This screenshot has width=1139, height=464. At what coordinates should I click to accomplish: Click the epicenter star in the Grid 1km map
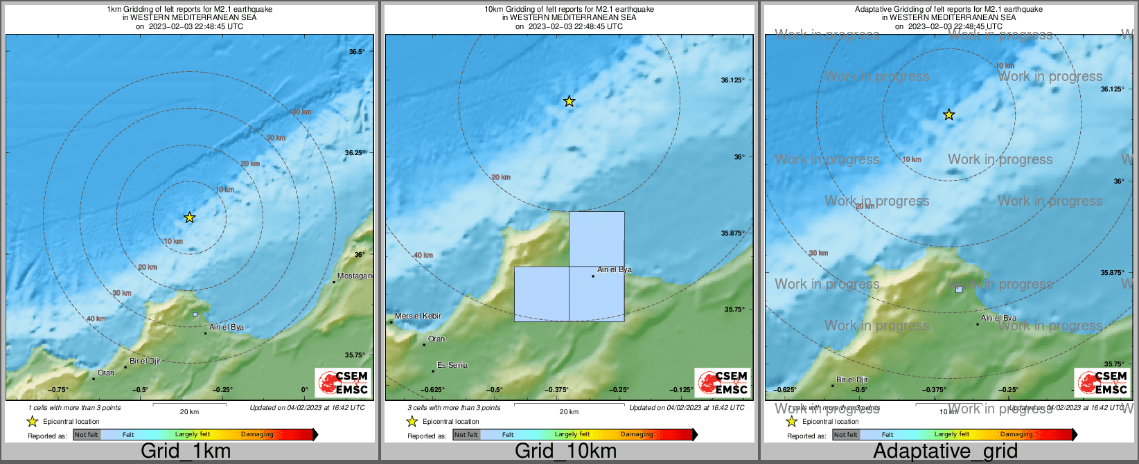click(189, 217)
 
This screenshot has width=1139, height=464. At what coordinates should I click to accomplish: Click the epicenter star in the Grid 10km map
click(569, 101)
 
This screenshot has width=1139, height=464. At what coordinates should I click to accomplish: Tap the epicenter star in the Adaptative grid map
click(948, 115)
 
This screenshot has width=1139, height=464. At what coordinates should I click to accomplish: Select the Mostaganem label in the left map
click(355, 276)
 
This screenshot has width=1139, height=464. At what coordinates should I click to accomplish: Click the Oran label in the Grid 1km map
click(106, 373)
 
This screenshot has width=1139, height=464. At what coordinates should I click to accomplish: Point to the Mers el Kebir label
click(418, 316)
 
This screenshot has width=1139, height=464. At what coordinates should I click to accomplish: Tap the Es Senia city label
click(452, 365)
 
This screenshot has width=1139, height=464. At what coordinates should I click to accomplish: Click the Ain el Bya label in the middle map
click(615, 270)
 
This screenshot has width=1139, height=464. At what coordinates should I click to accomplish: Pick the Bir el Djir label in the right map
click(852, 380)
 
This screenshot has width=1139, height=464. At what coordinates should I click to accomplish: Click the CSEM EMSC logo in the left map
click(342, 383)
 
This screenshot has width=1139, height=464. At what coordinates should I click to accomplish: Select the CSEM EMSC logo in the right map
click(1102, 383)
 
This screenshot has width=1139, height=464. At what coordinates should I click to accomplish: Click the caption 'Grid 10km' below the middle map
click(565, 452)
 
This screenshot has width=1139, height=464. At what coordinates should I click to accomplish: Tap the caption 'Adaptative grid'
click(945, 452)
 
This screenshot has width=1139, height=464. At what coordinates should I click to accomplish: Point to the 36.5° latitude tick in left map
click(357, 52)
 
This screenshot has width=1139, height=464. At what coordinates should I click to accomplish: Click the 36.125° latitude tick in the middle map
click(732, 80)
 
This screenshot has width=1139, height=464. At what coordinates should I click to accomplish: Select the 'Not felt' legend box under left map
click(87, 435)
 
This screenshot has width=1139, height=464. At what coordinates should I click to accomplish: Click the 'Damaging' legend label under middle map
click(637, 435)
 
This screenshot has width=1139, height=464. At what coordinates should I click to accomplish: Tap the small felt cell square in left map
click(195, 314)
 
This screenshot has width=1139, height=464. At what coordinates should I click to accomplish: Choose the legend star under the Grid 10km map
click(412, 421)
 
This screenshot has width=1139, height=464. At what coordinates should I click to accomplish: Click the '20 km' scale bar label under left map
click(189, 411)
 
